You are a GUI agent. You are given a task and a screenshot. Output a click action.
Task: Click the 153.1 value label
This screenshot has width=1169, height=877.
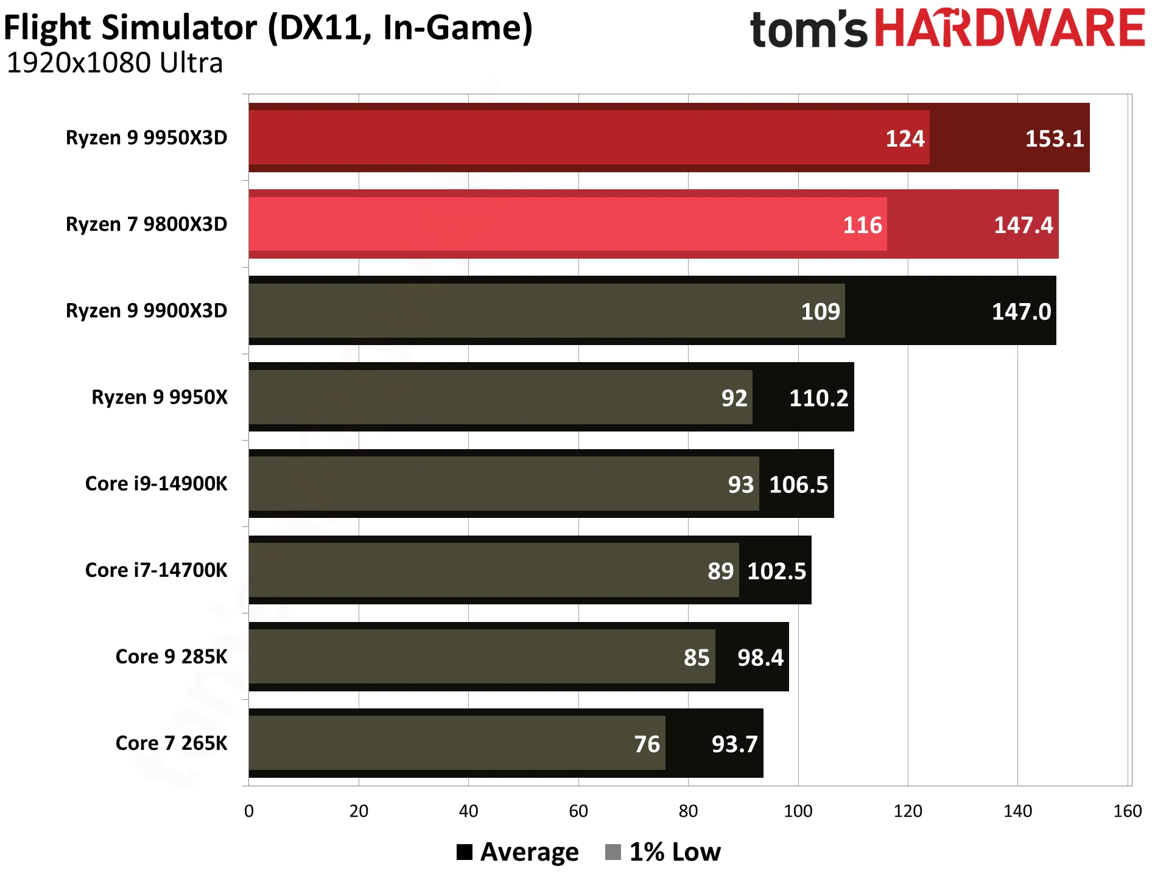click(x=1055, y=139)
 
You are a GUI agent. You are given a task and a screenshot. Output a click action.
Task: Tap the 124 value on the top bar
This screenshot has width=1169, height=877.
click(x=905, y=139)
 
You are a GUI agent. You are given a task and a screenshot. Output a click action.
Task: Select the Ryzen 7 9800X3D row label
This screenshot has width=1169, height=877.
click(x=146, y=224)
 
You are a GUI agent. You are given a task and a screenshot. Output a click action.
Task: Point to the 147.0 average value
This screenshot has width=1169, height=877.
click(x=1021, y=312)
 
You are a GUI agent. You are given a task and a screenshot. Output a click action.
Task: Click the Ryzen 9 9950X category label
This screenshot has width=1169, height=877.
click(x=160, y=397)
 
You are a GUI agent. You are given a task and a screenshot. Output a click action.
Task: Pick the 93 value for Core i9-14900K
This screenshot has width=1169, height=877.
click(x=740, y=484)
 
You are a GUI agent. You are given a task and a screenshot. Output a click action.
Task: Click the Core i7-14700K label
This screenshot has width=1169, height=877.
click(x=156, y=570)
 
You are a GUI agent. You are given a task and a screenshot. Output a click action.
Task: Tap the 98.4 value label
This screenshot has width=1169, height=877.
click(x=760, y=657)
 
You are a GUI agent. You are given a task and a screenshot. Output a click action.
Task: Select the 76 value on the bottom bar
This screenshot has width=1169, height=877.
click(x=647, y=744)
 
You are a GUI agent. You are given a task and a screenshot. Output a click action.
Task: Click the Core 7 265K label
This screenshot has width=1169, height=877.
click(x=171, y=742)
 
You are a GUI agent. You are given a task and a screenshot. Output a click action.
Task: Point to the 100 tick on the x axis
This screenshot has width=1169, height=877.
click(x=798, y=811)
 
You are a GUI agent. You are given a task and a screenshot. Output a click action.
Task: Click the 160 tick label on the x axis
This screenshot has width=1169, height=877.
click(x=1127, y=811)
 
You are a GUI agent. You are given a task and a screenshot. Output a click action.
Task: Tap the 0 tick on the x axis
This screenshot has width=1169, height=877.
click(x=249, y=811)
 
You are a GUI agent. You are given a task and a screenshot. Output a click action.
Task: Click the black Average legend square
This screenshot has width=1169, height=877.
click(x=465, y=852)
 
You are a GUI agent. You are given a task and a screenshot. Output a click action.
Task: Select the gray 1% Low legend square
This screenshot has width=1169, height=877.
click(x=613, y=852)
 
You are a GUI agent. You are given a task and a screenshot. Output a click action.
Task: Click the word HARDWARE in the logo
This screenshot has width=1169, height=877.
click(x=1010, y=28)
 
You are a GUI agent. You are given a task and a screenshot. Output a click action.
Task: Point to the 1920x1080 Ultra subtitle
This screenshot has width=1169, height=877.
click(x=114, y=63)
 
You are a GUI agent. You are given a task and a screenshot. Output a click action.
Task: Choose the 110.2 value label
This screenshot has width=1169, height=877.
click(x=818, y=398)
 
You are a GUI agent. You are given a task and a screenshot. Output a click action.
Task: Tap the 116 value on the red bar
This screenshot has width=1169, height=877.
click(x=862, y=225)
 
